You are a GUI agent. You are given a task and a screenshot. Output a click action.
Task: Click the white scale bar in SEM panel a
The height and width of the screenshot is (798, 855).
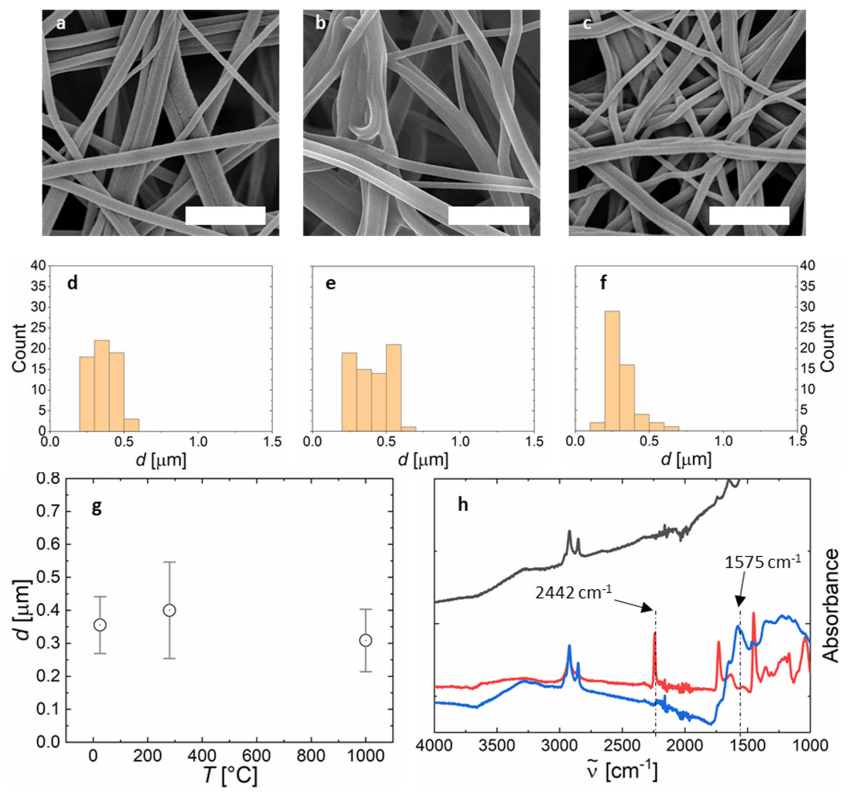pos(225,216)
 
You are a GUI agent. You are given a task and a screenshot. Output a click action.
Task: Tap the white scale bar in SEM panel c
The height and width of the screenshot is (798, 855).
pos(749,216)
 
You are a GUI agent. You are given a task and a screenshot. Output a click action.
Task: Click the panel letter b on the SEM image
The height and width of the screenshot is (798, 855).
pos(320,24)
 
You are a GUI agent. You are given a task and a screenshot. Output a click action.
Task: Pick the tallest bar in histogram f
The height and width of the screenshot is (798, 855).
pos(612,370)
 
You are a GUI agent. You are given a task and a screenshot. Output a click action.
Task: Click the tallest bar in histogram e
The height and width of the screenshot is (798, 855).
pos(393,387)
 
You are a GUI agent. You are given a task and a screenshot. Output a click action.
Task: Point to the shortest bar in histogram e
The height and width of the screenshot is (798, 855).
pos(408,428)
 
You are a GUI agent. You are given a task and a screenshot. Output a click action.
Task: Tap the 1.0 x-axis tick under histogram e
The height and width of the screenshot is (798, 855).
pos(460,442)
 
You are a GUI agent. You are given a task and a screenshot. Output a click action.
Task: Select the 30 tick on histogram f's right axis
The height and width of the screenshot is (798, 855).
pos(808,307)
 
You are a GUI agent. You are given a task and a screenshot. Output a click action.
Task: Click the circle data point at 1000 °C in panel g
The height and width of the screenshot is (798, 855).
pos(365,641)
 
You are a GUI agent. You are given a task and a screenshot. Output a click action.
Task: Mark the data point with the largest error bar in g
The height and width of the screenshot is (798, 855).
pos(170,610)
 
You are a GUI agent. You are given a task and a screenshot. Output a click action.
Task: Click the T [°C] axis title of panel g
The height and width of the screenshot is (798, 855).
pos(230,775)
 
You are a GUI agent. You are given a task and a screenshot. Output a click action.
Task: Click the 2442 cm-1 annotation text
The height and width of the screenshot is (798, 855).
pos(574,592)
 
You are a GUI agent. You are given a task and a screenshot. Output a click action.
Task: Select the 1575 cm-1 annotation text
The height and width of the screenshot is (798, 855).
pos(762,563)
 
